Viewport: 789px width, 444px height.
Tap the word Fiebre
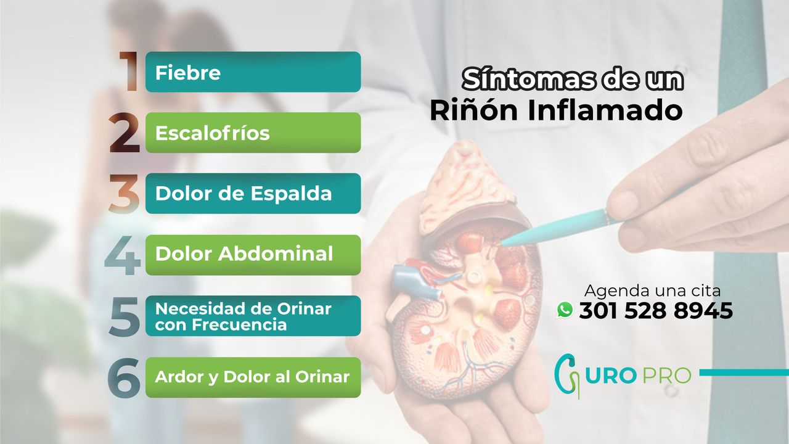pos(187,73)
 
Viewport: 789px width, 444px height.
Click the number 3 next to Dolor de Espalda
pos(125,194)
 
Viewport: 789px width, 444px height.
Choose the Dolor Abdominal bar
pos(253,254)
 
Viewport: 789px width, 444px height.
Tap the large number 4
pos(123,255)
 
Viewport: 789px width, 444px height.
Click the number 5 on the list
pos(125,316)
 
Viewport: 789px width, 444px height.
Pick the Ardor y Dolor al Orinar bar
pos(253,377)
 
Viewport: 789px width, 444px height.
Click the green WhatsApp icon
pos(565,310)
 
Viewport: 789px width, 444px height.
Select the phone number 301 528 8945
pos(655,311)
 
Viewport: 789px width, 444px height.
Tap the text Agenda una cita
pos(652,290)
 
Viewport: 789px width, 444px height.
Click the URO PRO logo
pos(623,374)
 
